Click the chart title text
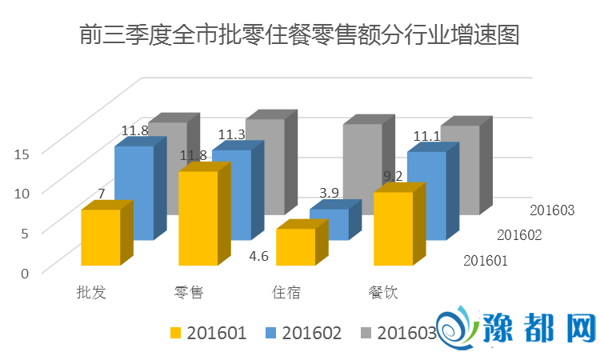pyautogui.click(x=300, y=36)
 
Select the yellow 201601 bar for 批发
pyautogui.click(x=101, y=238)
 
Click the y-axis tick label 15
pyautogui.click(x=22, y=154)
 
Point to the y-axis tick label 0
pyautogui.click(x=25, y=273)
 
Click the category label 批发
pyautogui.click(x=91, y=292)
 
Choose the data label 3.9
pyautogui.click(x=329, y=193)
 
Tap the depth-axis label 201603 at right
pyautogui.click(x=553, y=210)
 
